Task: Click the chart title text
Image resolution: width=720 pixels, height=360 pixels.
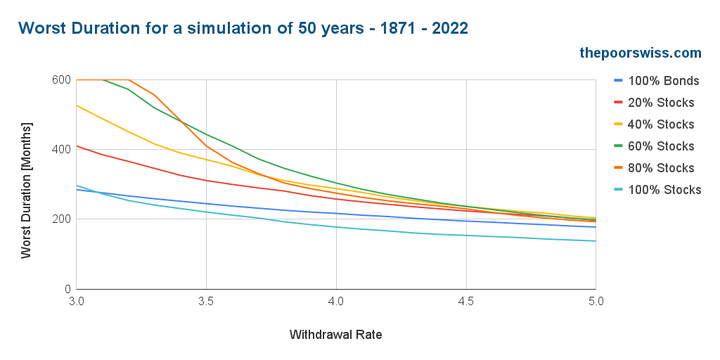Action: [243, 28]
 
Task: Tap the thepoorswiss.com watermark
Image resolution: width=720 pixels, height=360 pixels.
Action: [640, 53]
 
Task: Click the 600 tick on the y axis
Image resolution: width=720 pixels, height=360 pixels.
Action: [61, 79]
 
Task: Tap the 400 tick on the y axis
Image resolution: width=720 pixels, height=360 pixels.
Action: [61, 149]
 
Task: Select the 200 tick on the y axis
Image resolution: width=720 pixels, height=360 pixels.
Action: [61, 219]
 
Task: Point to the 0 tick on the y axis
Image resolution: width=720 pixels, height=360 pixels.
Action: [67, 289]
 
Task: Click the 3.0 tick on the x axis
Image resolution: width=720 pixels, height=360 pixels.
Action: [77, 301]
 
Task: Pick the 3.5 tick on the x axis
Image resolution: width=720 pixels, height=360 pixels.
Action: [206, 301]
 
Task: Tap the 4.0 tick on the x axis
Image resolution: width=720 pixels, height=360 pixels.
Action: [336, 301]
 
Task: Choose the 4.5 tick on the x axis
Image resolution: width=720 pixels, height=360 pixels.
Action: [465, 301]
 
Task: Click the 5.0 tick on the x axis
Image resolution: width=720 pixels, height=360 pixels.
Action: [595, 301]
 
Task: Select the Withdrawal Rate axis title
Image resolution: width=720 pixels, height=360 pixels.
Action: [335, 335]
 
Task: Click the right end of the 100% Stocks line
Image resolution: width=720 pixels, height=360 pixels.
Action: [595, 241]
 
